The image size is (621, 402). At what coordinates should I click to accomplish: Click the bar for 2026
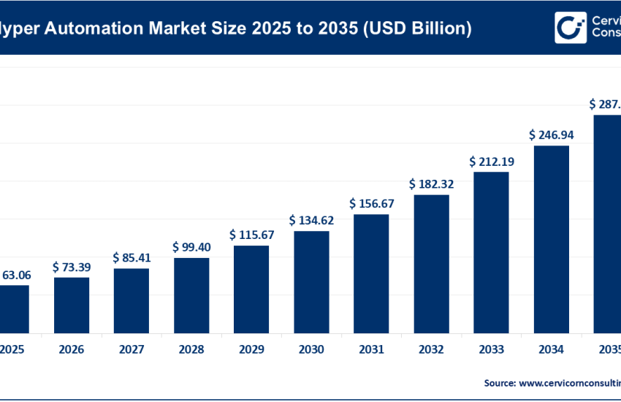(x=72, y=304)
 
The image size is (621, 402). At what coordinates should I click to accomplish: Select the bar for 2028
(x=191, y=295)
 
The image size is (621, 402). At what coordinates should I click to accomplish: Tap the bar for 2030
(x=311, y=281)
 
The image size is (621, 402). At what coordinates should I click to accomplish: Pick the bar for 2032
(x=431, y=263)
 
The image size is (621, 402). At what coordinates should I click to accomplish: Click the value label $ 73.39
(x=72, y=268)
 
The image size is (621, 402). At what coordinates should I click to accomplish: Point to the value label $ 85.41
(x=132, y=258)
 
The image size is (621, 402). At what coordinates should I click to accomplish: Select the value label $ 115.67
(x=251, y=235)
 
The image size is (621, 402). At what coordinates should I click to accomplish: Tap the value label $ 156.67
(x=371, y=203)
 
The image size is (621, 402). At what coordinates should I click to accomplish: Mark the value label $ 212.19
(x=491, y=161)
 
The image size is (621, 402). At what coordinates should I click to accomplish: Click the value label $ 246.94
(x=551, y=135)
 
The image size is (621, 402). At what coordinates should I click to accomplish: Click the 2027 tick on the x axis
(x=132, y=350)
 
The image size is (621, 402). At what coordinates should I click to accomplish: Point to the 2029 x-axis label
(x=251, y=350)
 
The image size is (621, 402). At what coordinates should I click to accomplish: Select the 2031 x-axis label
(x=371, y=350)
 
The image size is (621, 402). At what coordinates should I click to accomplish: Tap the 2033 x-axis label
(x=491, y=350)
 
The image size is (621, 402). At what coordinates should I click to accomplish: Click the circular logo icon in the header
(x=570, y=28)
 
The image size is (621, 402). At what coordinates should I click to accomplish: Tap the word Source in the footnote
(x=500, y=382)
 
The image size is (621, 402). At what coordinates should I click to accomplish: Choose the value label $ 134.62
(x=311, y=220)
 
